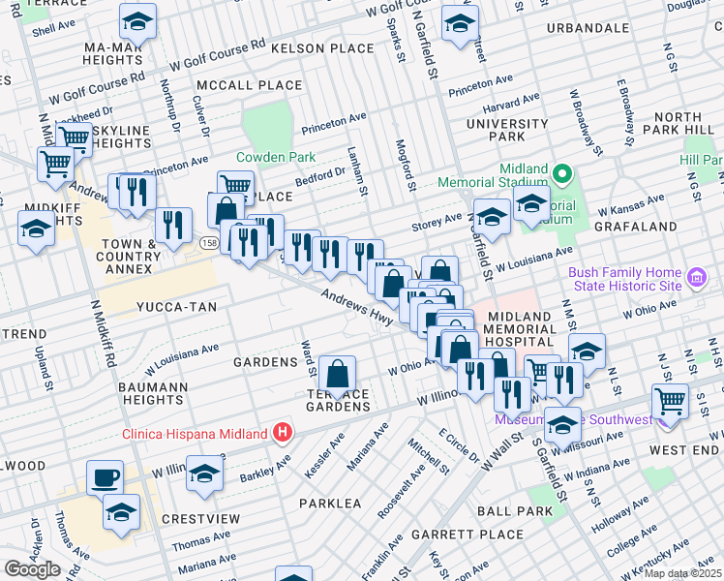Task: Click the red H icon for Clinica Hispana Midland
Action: point(282,432)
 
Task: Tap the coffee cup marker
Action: point(105,477)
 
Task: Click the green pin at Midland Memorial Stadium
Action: point(564,174)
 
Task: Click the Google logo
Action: point(33,569)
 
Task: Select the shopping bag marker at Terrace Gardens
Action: point(337,374)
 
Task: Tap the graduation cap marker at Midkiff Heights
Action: point(36,229)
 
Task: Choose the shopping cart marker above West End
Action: point(671,400)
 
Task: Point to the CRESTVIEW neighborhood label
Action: point(201,519)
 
